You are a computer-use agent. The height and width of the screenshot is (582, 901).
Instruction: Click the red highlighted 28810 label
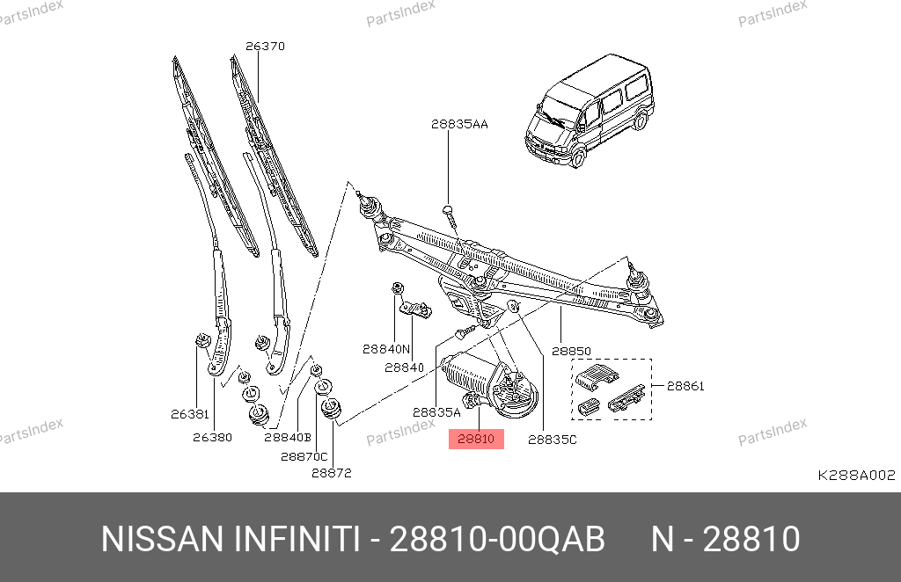tap(476, 439)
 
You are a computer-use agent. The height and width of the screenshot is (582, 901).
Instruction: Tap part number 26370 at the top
tap(265, 46)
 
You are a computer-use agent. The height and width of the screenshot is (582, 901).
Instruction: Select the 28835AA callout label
tap(459, 124)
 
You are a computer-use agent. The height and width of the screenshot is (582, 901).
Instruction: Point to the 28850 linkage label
tap(571, 351)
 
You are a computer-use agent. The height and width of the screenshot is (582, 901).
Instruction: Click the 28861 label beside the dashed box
tap(685, 386)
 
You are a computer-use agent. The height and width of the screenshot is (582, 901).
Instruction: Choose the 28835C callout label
tap(553, 440)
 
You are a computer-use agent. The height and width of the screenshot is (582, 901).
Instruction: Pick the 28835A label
tap(436, 412)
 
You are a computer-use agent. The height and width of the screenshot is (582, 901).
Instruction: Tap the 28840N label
tap(386, 349)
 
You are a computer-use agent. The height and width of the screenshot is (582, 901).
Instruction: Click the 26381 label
tap(190, 414)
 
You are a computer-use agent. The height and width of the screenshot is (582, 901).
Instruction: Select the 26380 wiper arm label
tap(213, 437)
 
